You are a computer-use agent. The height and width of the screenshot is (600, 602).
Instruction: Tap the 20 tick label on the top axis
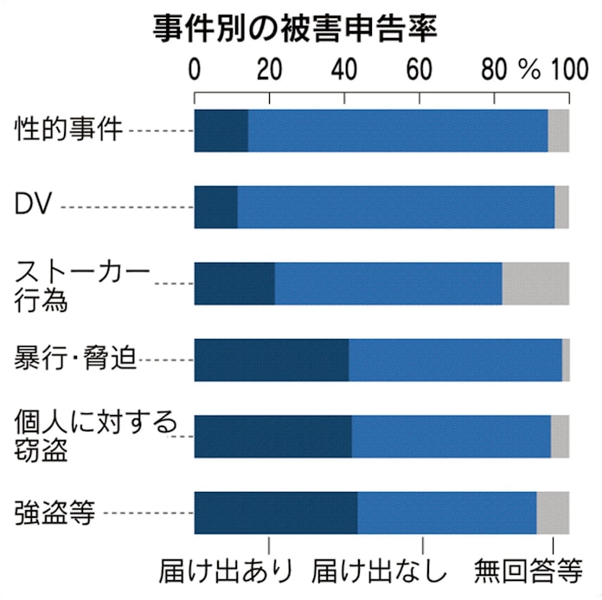pos(268,69)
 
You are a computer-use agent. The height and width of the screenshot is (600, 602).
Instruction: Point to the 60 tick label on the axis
pos(419,69)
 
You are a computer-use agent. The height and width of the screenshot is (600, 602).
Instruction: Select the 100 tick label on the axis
pos(567,69)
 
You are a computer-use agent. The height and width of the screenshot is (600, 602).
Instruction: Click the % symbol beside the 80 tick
pos(528,69)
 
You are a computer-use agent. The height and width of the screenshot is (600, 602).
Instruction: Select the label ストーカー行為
pos(81,284)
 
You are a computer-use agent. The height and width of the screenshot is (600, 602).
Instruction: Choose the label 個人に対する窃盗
pos(95,436)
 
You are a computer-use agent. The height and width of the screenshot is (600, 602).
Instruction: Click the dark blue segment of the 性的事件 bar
pos(221,131)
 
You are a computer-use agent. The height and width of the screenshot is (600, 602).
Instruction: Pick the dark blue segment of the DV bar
pos(215,207)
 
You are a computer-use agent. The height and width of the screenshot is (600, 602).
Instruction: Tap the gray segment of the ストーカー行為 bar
pos(535,283)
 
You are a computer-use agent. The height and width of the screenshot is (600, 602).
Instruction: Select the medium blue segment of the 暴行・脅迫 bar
pos(455,359)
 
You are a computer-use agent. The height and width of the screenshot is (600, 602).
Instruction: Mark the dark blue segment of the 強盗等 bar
pos(275,512)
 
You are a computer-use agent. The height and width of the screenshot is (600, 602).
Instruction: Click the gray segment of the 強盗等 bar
pos(553,512)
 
